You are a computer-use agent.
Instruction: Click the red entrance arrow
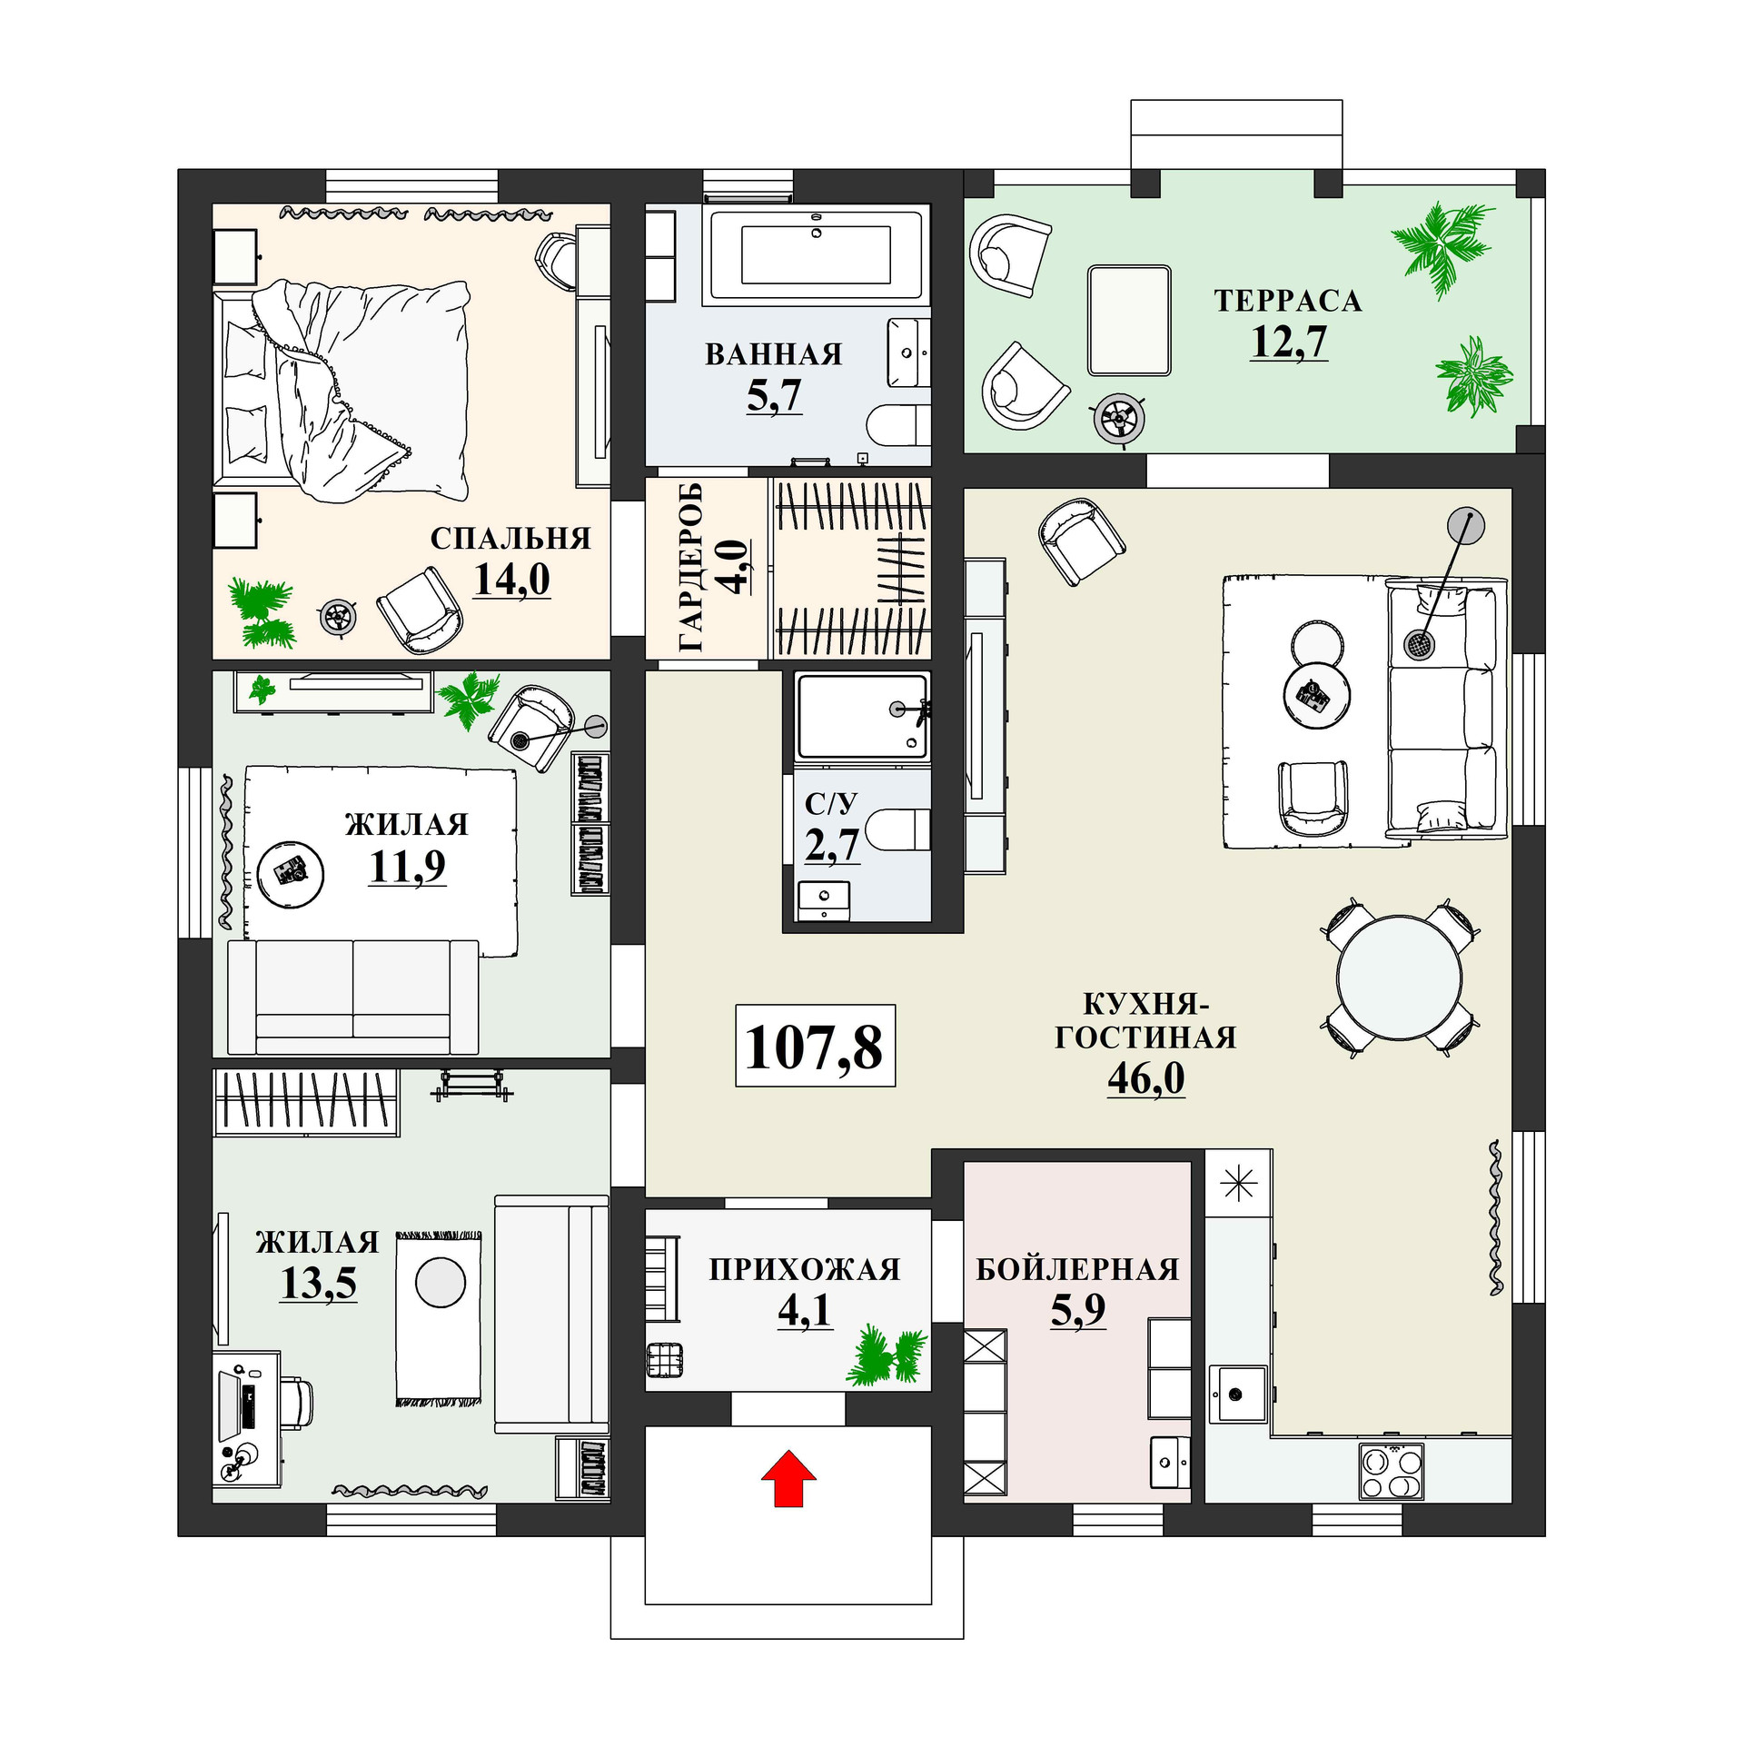click(x=788, y=1477)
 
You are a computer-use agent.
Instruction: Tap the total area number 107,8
click(x=814, y=1046)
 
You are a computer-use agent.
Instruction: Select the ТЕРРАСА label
click(x=1288, y=301)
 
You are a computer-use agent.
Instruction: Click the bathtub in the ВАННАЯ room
click(x=815, y=253)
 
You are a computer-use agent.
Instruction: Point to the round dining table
click(x=1399, y=978)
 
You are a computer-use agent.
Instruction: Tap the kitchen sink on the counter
click(x=1236, y=1393)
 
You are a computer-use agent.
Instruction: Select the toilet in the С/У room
click(x=897, y=829)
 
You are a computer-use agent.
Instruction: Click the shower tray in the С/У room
click(x=861, y=716)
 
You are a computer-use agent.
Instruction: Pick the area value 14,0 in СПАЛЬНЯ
click(x=511, y=579)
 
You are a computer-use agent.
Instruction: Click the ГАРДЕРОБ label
click(x=691, y=568)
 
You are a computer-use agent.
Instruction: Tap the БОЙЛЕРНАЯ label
click(x=1077, y=1269)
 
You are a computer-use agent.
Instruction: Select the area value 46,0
click(x=1145, y=1078)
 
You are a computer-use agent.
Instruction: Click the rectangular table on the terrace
click(x=1128, y=320)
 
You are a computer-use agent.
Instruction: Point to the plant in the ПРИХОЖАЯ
click(x=884, y=1355)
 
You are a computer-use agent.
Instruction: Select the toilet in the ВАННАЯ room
click(x=897, y=425)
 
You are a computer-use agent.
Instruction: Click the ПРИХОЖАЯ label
click(x=804, y=1269)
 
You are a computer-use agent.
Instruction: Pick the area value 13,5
click(x=318, y=1283)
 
